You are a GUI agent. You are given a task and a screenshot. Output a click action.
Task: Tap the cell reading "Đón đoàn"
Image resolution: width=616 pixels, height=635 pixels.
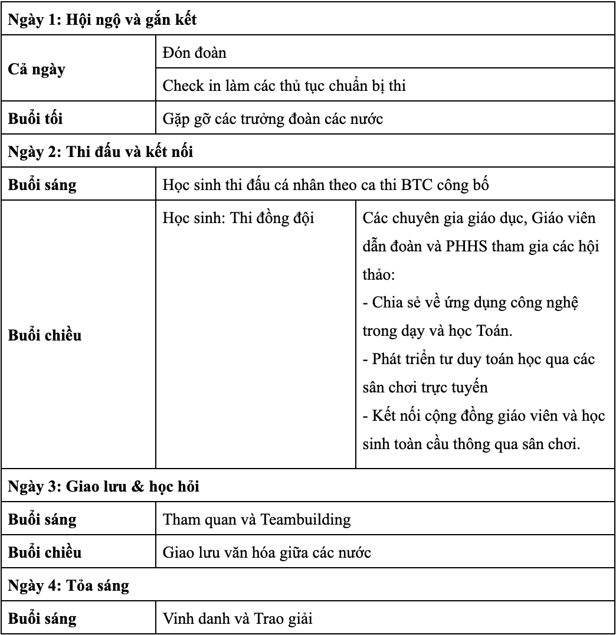tap(195, 53)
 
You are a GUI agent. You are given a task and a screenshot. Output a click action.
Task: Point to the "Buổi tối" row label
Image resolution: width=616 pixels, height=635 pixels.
tap(35, 118)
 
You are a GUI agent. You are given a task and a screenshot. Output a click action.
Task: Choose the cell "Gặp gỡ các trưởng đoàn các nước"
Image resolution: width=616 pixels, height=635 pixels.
tap(273, 119)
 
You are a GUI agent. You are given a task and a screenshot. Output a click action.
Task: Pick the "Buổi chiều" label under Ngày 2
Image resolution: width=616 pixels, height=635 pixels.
tap(44, 336)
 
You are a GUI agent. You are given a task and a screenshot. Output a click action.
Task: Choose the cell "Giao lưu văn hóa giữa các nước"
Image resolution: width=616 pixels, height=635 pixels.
tap(267, 554)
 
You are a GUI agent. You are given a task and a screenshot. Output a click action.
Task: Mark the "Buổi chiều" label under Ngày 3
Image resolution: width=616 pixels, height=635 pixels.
tap(44, 553)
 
